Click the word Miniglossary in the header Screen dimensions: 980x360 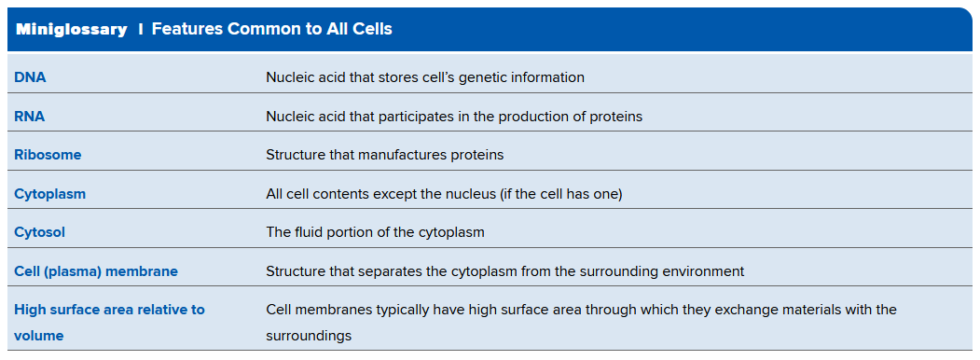click(71, 29)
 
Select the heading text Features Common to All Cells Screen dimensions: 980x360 click(272, 29)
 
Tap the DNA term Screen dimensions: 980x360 click(30, 77)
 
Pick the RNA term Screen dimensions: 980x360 click(30, 117)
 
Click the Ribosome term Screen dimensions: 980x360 click(48, 155)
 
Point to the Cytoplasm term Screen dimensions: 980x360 click(50, 194)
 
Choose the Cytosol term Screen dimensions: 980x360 click(39, 232)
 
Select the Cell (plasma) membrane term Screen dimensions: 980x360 click(96, 272)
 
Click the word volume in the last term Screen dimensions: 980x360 click(39, 336)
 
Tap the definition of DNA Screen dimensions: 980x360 click(425, 77)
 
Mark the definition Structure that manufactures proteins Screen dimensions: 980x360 click(385, 155)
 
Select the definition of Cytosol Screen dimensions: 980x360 click(376, 232)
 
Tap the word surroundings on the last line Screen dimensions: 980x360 click(309, 337)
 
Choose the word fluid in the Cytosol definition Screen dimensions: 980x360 click(306, 232)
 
